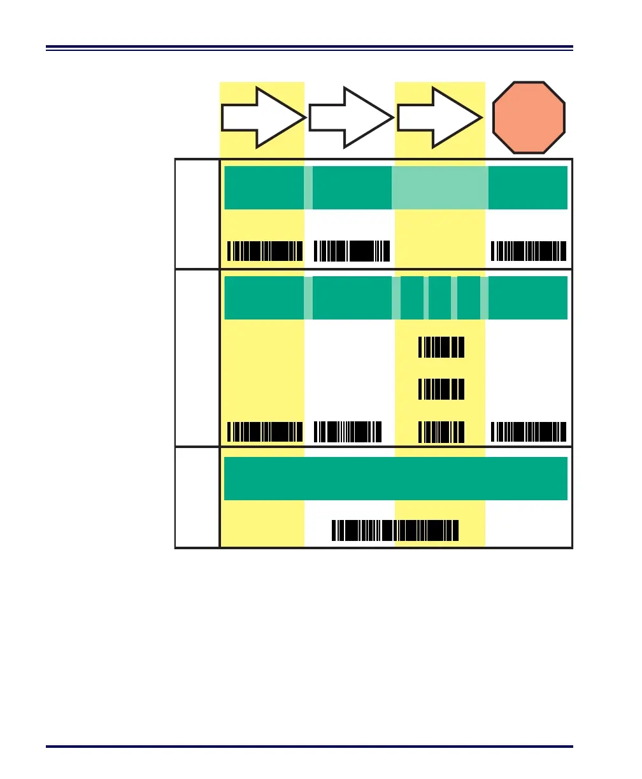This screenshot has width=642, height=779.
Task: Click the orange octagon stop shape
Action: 528,117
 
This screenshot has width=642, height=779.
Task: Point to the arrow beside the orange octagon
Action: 439,118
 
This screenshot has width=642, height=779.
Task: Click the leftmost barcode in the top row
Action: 265,251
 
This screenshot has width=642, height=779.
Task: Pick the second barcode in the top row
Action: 352,251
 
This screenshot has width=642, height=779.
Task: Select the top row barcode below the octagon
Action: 529,251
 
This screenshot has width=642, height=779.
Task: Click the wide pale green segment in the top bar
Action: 440,188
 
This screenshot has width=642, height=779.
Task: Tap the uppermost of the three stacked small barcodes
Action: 441,347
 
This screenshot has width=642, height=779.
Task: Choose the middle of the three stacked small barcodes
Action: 441,388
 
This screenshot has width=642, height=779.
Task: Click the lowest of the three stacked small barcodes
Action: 441,432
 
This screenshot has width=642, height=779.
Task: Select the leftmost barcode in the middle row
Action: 265,432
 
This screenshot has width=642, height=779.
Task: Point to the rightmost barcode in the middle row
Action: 529,432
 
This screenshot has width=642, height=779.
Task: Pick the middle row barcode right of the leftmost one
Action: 348,432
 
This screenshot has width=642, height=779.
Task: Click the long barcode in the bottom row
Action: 395,530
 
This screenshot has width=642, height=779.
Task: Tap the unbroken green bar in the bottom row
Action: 396,479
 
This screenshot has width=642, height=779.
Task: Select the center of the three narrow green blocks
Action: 439,298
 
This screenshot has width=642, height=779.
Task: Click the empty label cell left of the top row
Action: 197,214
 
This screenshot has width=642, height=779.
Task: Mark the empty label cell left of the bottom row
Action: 197,497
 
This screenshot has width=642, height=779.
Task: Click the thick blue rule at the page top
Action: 310,47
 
